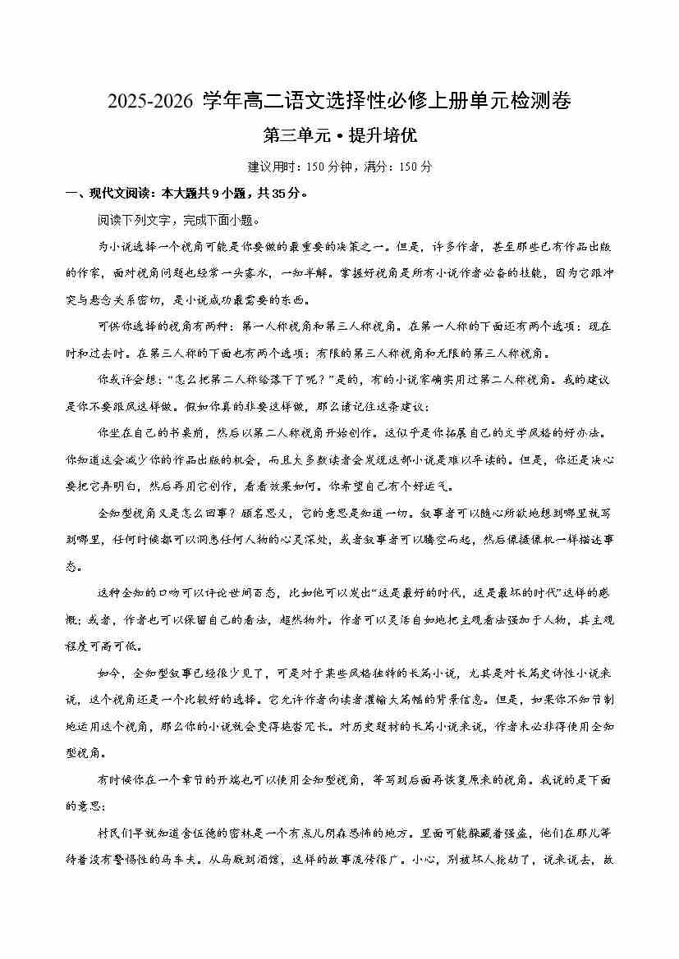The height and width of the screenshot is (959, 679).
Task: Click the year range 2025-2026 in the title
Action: tap(149, 102)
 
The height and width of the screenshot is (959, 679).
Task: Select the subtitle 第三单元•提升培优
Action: tap(339, 135)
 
